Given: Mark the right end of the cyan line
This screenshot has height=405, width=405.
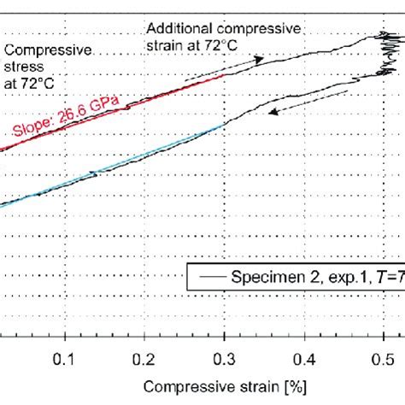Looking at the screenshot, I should [x=225, y=125].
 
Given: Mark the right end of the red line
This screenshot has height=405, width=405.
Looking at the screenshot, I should [x=225, y=74].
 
